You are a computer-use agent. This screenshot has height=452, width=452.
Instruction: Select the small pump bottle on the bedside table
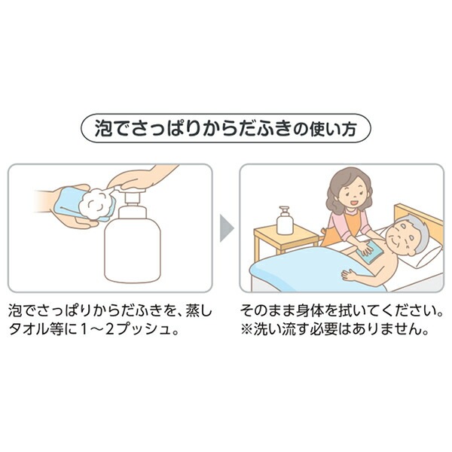pyautogui.click(x=284, y=221)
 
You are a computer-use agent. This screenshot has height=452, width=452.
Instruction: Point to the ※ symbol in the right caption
pyautogui.click(x=246, y=330)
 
